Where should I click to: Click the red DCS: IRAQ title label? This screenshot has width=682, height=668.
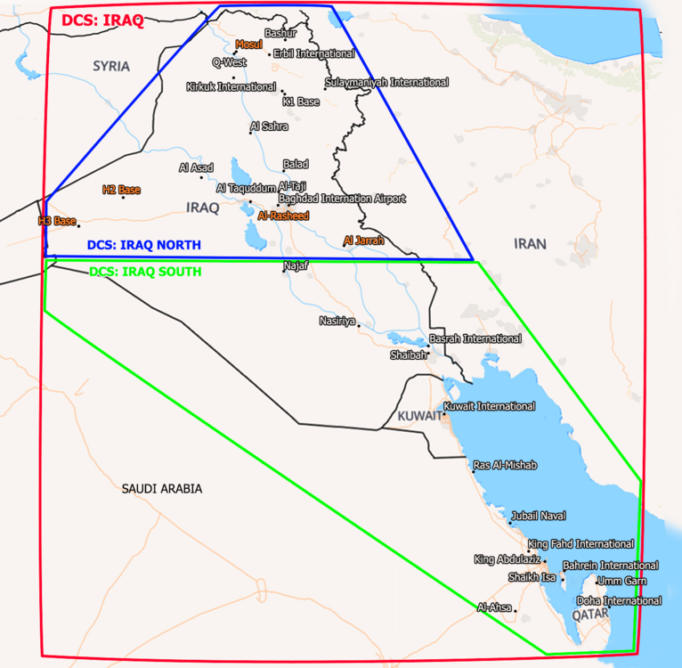[102, 20]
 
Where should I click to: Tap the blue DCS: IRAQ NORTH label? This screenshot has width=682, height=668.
[143, 245]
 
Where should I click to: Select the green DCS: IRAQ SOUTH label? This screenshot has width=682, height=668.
[145, 271]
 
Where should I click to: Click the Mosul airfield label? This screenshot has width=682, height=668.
[250, 44]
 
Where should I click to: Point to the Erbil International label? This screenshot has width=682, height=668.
[313, 53]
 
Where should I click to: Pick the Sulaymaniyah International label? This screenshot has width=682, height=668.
[386, 82]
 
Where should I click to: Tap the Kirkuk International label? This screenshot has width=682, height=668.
[231, 86]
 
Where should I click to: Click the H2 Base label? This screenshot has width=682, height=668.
[121, 190]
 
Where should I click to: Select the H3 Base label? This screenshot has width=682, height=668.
[57, 220]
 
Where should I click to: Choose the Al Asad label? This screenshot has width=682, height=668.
[196, 167]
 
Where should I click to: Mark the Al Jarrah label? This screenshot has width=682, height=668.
[363, 240]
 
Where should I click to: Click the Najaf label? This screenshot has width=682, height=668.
[295, 265]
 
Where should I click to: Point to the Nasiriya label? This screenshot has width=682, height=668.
[337, 320]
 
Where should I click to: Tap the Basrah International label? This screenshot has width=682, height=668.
[475, 338]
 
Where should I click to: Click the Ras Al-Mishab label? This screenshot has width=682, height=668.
[505, 465]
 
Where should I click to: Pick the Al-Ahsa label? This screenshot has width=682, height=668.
[494, 607]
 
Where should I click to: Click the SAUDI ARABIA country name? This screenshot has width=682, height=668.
[162, 488]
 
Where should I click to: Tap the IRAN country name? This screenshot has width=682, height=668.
[530, 243]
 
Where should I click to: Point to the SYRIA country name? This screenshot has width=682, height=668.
[111, 66]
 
